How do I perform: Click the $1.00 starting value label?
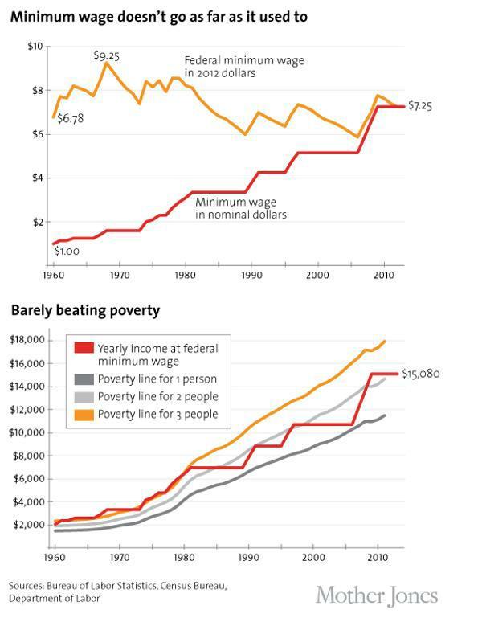tap(67, 252)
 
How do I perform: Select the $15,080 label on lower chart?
tap(420, 374)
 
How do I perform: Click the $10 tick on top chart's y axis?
tap(34, 47)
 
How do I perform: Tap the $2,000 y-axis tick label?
tap(28, 525)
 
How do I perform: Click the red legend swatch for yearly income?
tap(83, 349)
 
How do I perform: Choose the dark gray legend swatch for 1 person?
tap(83, 379)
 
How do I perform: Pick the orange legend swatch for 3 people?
tap(83, 414)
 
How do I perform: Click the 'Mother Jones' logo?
tap(377, 595)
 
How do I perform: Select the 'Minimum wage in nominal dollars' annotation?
tap(240, 209)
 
